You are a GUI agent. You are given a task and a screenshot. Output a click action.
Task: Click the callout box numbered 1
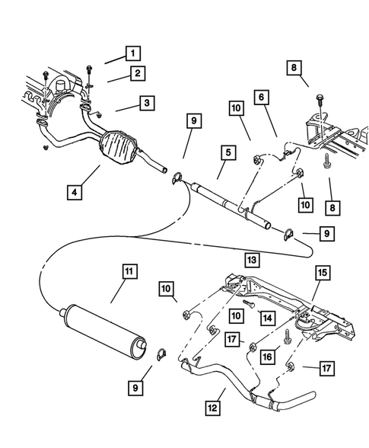click(x=133, y=53)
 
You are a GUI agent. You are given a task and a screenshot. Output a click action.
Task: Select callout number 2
click(x=137, y=74)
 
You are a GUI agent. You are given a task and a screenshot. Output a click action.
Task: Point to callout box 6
click(x=261, y=97)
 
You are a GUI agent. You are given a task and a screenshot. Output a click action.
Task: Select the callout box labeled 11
click(x=130, y=270)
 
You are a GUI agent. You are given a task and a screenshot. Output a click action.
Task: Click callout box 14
click(x=266, y=316)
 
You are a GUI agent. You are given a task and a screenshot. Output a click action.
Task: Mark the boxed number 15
click(x=322, y=272)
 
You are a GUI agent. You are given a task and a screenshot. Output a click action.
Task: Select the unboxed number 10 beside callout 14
click(x=236, y=314)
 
